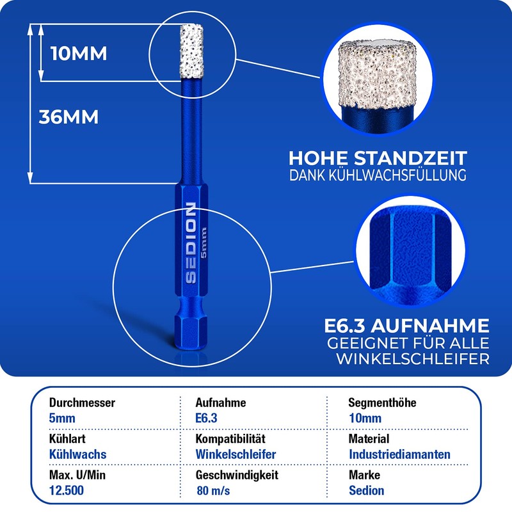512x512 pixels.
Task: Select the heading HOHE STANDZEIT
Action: click(x=378, y=158)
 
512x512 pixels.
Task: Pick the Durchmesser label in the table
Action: click(x=83, y=403)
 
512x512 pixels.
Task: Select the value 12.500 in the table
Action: click(x=66, y=491)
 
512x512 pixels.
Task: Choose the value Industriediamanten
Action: click(x=399, y=454)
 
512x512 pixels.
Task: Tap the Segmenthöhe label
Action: click(x=382, y=403)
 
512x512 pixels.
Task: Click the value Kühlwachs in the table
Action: click(x=77, y=454)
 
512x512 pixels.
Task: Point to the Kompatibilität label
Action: click(x=230, y=439)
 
